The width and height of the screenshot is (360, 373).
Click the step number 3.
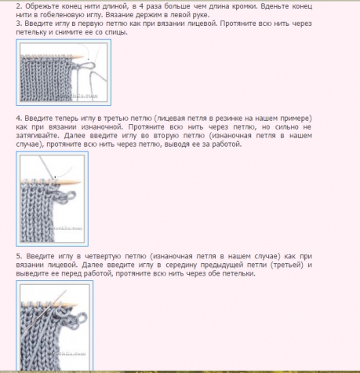point(19,24)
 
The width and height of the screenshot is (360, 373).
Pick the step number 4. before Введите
point(19,119)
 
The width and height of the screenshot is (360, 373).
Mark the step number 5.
point(20,256)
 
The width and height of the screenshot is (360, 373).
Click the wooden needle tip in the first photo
point(82,57)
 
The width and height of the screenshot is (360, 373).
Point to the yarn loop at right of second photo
point(71,195)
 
